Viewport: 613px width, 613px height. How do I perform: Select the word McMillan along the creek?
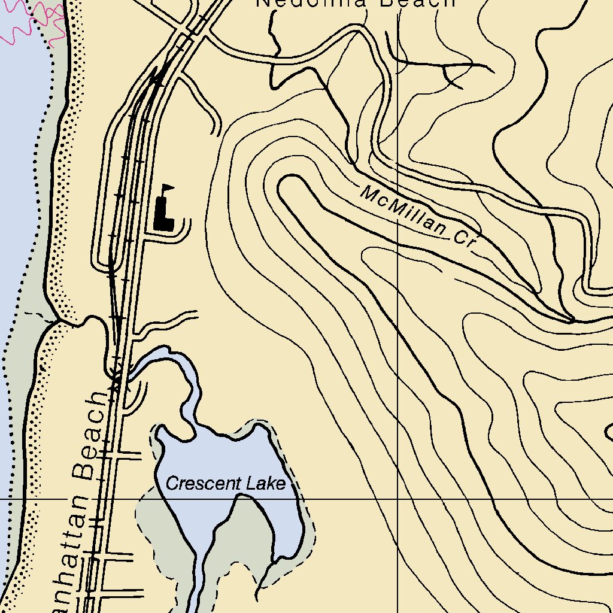[x=403, y=211]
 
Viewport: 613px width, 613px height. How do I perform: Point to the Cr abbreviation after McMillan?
[x=464, y=239]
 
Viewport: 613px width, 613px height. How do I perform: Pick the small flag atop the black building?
[x=169, y=189]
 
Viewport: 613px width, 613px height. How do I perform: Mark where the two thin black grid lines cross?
[x=398, y=498]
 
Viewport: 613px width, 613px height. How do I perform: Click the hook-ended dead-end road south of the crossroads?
[x=204, y=102]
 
